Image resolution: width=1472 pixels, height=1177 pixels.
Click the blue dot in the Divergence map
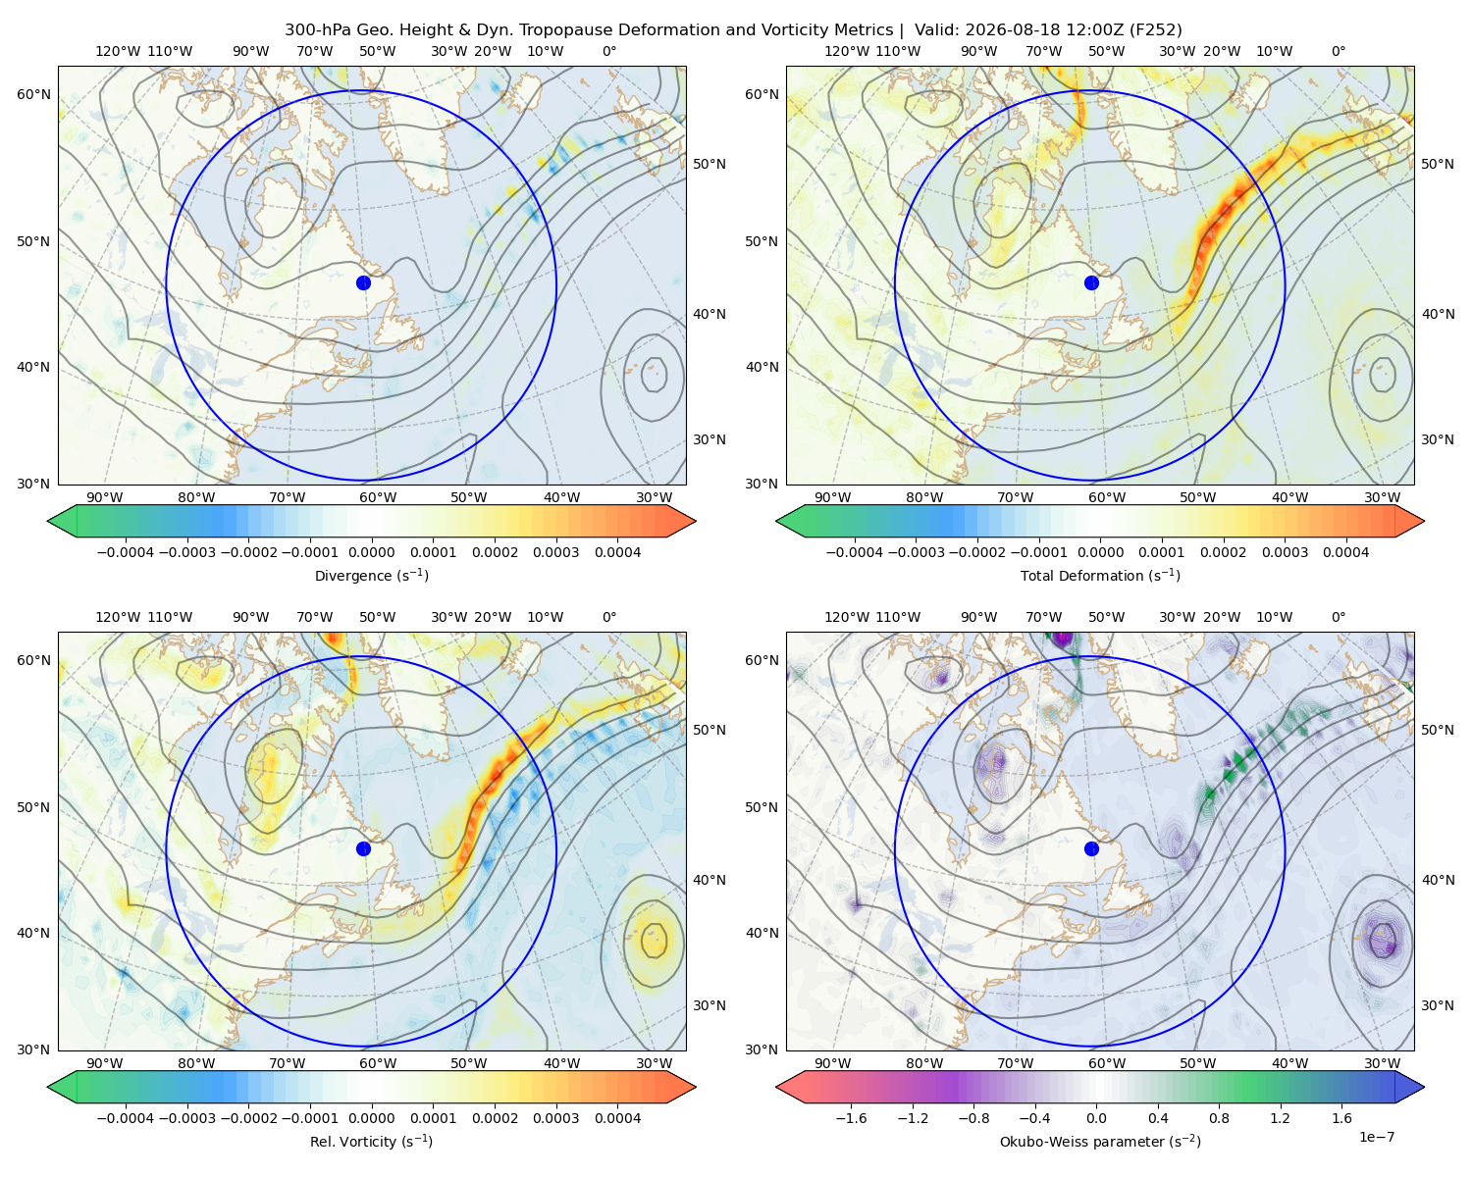tap(363, 283)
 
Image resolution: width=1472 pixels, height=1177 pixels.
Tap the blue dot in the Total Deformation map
tap(1091, 283)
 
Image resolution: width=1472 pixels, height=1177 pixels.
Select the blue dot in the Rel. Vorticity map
tap(363, 848)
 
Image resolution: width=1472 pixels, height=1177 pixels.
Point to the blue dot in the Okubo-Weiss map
tap(1091, 848)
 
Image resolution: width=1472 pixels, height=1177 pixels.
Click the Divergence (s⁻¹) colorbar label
tap(371, 575)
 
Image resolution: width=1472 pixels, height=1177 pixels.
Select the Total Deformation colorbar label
tap(1100, 575)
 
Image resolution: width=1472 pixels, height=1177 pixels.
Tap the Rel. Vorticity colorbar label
tap(371, 1142)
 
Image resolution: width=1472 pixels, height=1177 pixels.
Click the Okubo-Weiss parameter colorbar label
tap(1100, 1142)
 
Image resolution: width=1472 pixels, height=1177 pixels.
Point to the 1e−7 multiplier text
tap(1376, 1137)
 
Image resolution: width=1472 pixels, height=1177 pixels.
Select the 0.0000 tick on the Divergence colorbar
tap(371, 552)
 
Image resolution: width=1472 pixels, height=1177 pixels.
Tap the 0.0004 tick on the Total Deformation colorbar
tap(1346, 552)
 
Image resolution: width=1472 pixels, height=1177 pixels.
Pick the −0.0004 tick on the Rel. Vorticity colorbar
tap(126, 1118)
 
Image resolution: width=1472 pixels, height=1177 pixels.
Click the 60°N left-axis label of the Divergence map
tap(33, 94)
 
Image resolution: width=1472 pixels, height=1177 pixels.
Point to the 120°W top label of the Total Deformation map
tap(846, 51)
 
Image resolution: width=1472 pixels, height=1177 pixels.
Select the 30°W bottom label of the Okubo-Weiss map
tap(1383, 1063)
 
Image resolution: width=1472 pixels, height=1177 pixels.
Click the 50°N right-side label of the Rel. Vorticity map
tap(710, 730)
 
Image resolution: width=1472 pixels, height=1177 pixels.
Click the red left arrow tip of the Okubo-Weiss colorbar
tap(776, 1087)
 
